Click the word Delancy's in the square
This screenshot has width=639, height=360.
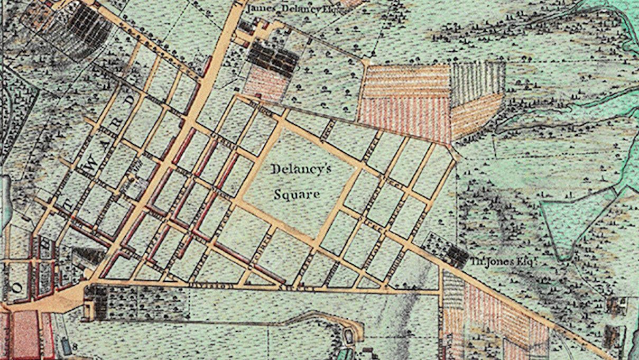point(301,171)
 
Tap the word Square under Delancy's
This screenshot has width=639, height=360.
point(297,195)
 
